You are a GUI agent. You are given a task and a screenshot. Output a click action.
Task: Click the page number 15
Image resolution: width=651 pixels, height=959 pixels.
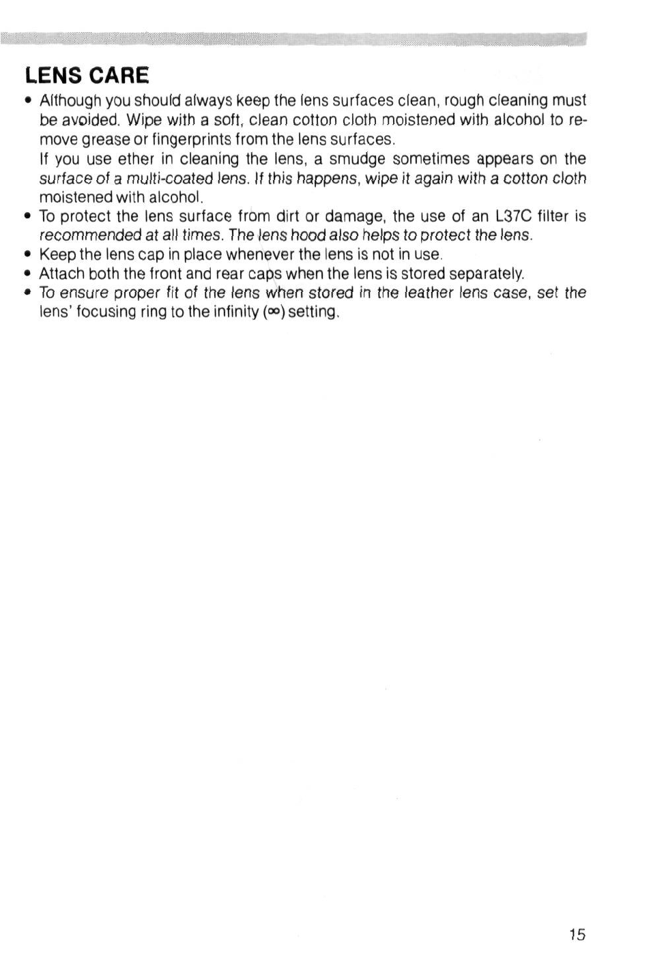point(576,934)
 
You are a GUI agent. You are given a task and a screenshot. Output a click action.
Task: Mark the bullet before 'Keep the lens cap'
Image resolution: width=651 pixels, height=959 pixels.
point(27,255)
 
